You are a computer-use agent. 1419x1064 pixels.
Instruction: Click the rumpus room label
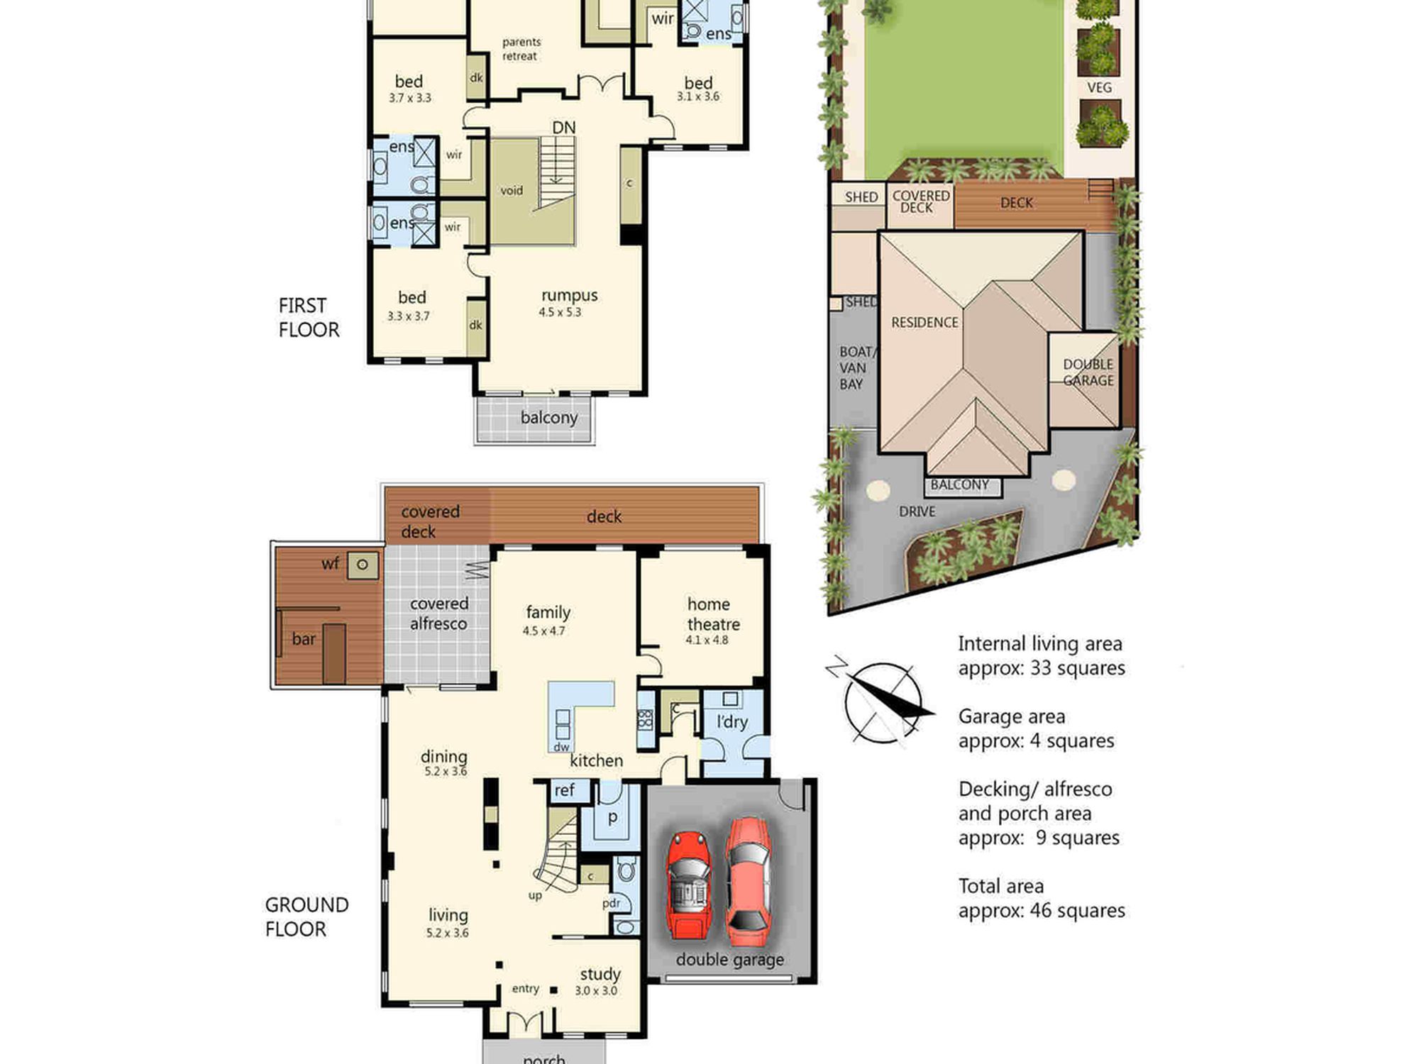(x=569, y=296)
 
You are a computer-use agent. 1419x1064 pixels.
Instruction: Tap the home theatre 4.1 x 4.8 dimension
(x=707, y=640)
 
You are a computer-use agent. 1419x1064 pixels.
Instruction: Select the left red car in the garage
(x=689, y=885)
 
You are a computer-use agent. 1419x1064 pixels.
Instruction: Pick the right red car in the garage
(x=748, y=882)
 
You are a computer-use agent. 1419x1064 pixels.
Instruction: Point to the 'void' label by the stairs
(x=512, y=191)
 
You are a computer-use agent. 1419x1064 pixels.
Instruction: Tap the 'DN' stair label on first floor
(x=564, y=128)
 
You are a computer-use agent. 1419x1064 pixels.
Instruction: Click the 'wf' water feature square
(x=363, y=565)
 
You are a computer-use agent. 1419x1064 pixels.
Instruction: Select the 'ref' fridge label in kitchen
(x=565, y=790)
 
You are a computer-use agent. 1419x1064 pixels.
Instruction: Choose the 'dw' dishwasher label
(x=561, y=747)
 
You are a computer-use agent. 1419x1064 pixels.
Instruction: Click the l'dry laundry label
(x=732, y=722)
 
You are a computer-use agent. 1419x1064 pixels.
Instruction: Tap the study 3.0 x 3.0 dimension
(x=596, y=991)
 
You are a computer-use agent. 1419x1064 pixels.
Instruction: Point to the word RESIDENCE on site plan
(x=924, y=323)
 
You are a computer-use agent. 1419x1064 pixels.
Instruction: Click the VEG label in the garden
(x=1099, y=88)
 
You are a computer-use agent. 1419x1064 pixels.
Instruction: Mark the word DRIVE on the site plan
(x=917, y=511)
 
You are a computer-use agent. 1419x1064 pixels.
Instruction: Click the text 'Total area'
(x=1001, y=886)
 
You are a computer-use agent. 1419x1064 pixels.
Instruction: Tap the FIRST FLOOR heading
(x=309, y=318)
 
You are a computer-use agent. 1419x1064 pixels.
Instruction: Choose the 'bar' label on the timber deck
(x=304, y=639)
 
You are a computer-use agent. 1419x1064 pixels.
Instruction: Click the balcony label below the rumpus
(x=549, y=418)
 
